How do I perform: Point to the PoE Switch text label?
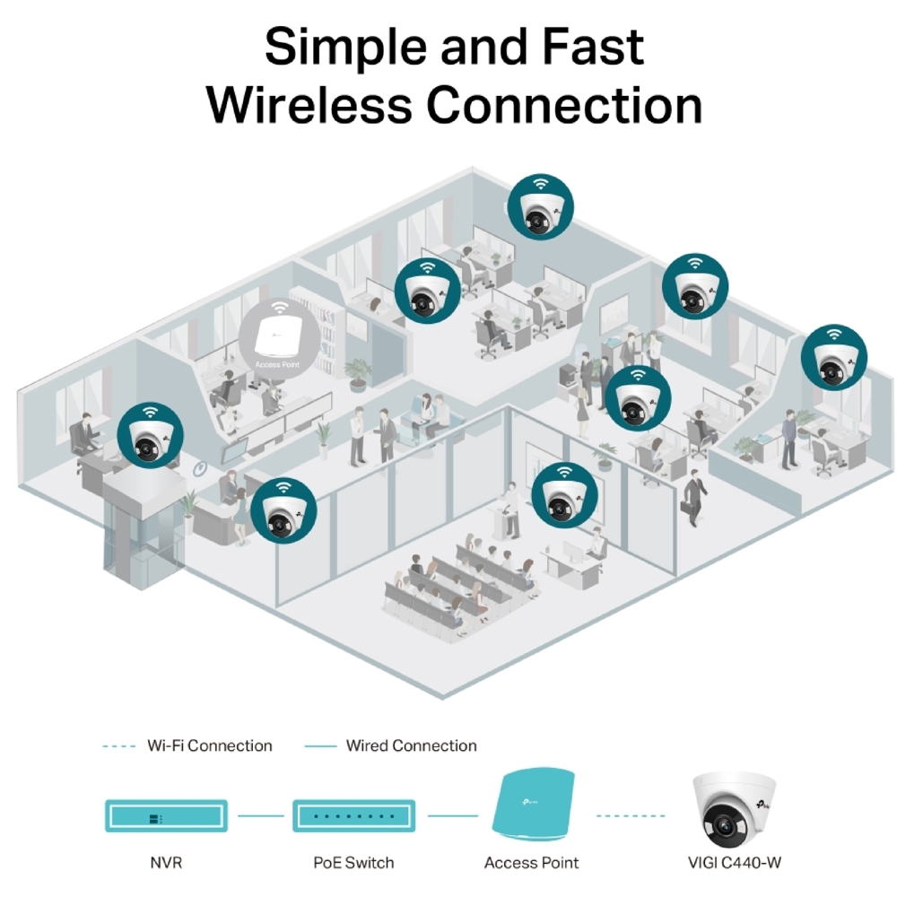pos(353,863)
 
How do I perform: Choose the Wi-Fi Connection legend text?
pos(209,745)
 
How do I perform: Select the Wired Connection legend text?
pos(411,745)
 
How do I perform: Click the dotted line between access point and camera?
pos(631,816)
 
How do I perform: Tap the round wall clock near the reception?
pos(201,467)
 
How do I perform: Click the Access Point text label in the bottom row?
pos(532,863)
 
